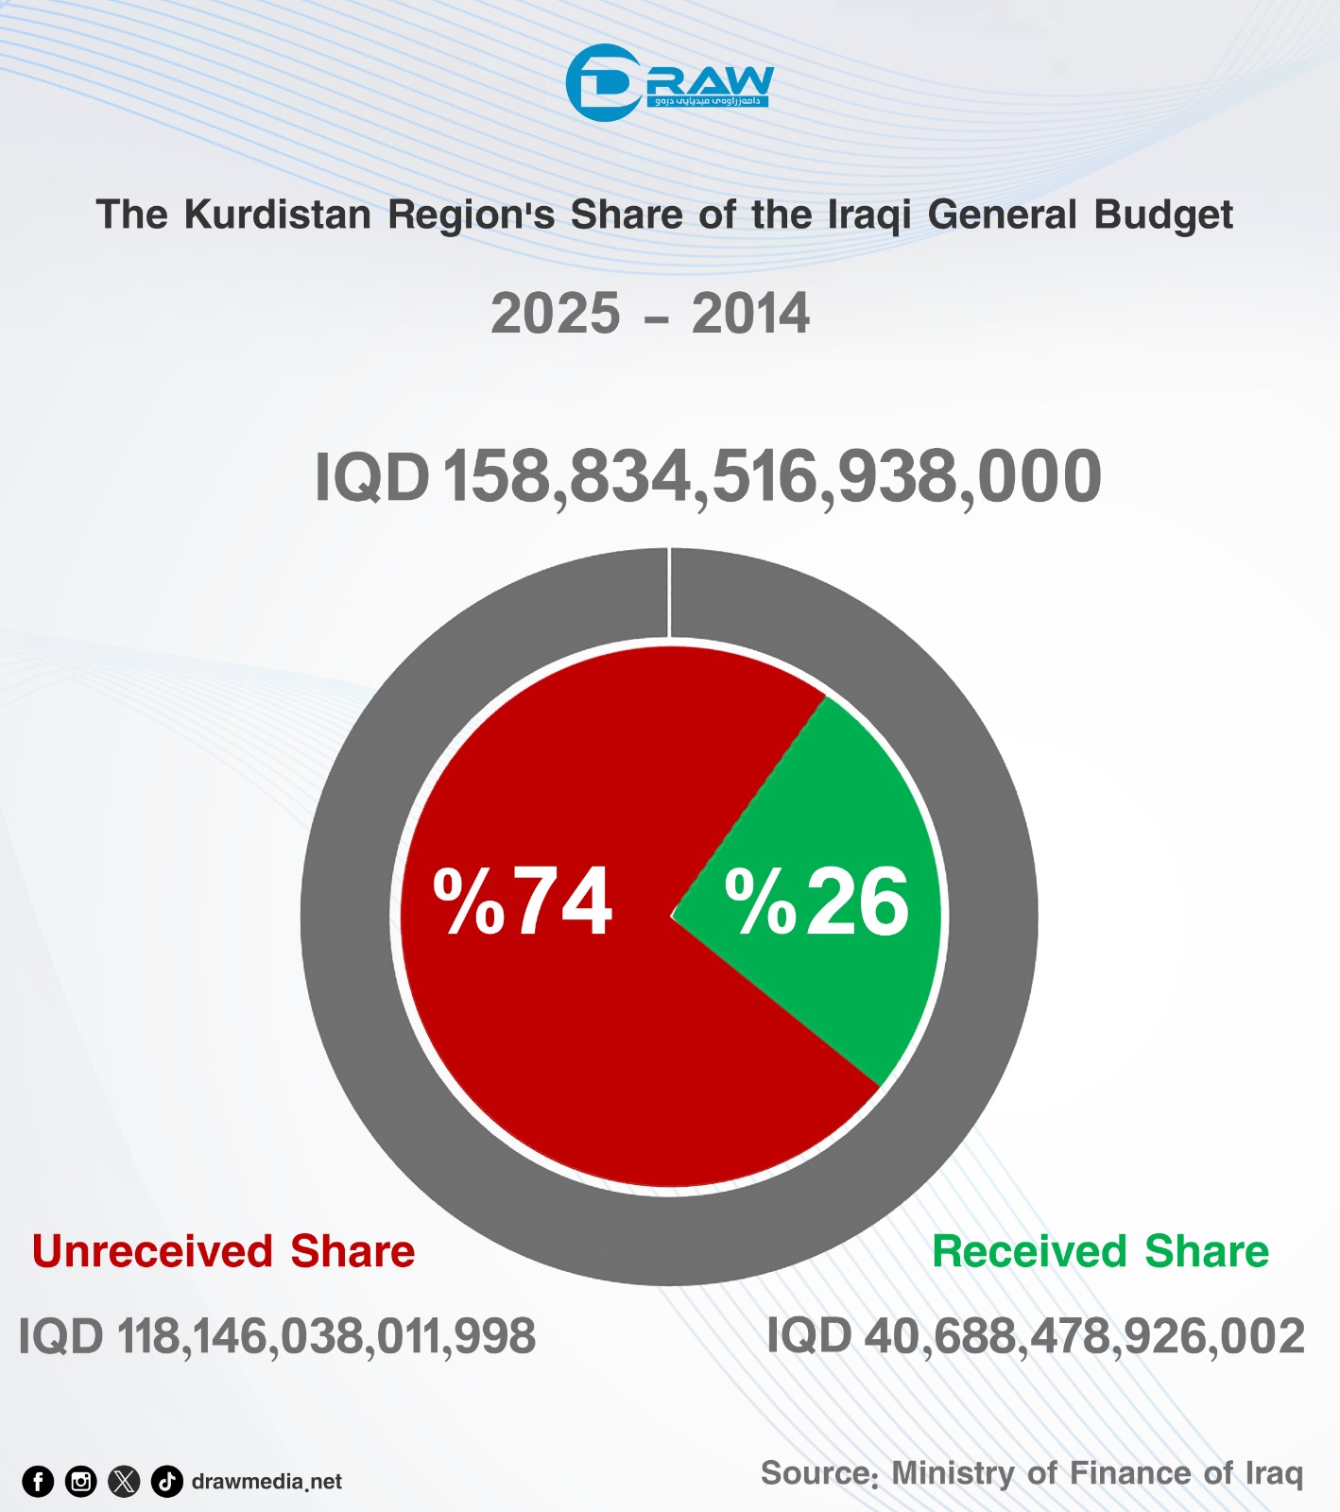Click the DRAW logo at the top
(669, 83)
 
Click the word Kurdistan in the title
(278, 215)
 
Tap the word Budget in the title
(1163, 216)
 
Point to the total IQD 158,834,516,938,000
(708, 476)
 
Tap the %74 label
(523, 902)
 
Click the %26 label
(816, 902)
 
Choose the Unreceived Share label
(224, 1251)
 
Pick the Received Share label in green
(1100, 1251)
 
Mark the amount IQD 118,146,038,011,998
(277, 1336)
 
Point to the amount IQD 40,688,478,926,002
(1036, 1336)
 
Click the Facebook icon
(38, 1482)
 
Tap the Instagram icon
(81, 1482)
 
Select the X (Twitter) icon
(124, 1482)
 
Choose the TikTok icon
(167, 1482)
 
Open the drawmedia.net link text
(266, 1482)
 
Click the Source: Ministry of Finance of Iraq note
(1032, 1473)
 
